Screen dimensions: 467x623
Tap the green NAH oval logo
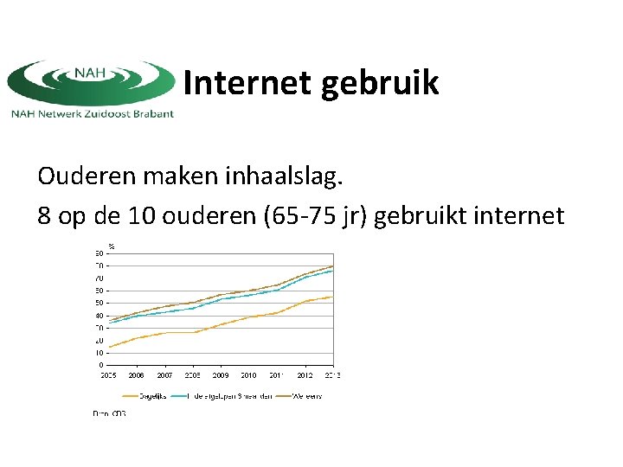[x=91, y=82]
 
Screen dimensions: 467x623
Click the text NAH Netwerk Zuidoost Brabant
[x=92, y=113]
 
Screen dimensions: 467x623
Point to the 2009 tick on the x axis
[x=221, y=375]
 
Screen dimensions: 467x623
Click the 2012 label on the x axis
[x=305, y=375]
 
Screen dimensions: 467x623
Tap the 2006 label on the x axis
[x=137, y=375]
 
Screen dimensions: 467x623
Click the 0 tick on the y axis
[x=100, y=365]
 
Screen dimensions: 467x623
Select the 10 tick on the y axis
[x=99, y=353]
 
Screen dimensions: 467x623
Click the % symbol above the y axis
[x=112, y=246]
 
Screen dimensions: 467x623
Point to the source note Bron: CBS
[x=109, y=413]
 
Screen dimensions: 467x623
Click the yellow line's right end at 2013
[x=333, y=297]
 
